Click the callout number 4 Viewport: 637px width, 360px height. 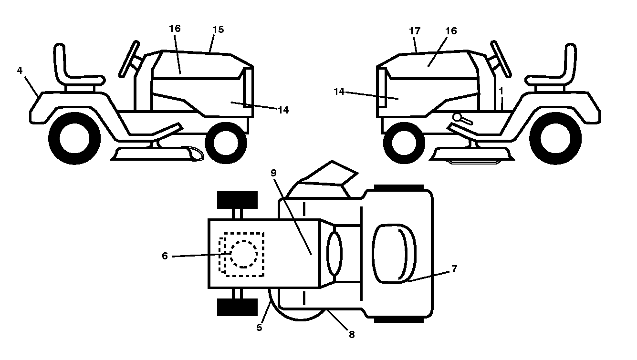20,71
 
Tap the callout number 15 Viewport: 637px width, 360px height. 218,30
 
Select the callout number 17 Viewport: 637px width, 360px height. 415,31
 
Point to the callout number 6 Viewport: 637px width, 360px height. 165,256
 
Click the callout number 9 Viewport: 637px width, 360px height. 273,173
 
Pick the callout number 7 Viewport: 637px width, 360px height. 454,268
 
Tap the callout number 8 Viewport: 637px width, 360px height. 352,334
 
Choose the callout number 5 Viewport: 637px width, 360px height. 259,327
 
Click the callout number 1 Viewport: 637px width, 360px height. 501,91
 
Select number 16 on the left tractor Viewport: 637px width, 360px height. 175,29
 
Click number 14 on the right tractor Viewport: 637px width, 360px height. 339,92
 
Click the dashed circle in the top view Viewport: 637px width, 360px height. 244,254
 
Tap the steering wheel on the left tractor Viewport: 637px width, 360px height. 129,59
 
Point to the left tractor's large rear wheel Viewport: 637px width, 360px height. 74,138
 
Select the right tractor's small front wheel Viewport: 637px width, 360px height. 404,143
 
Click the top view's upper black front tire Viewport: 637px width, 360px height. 238,200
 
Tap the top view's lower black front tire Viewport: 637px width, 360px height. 238,307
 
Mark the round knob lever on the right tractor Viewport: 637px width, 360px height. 463,119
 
